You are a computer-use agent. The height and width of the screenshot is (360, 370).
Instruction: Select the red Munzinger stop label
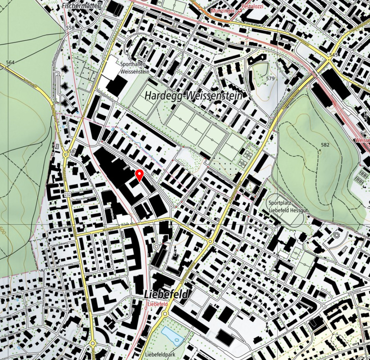(x=223, y=11)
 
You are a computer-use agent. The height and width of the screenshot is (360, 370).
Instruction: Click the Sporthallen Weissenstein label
(x=135, y=67)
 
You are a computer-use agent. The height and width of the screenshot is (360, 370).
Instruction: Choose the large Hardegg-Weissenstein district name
(x=193, y=95)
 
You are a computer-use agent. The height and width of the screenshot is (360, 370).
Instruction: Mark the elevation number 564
(x=10, y=63)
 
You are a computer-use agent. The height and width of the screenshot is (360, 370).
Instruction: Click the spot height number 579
(x=270, y=78)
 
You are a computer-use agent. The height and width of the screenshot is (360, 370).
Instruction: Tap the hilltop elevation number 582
(x=325, y=145)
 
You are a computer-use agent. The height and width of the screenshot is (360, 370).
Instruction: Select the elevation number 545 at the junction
(x=333, y=55)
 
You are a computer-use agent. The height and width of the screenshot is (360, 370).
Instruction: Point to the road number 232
(x=67, y=194)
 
